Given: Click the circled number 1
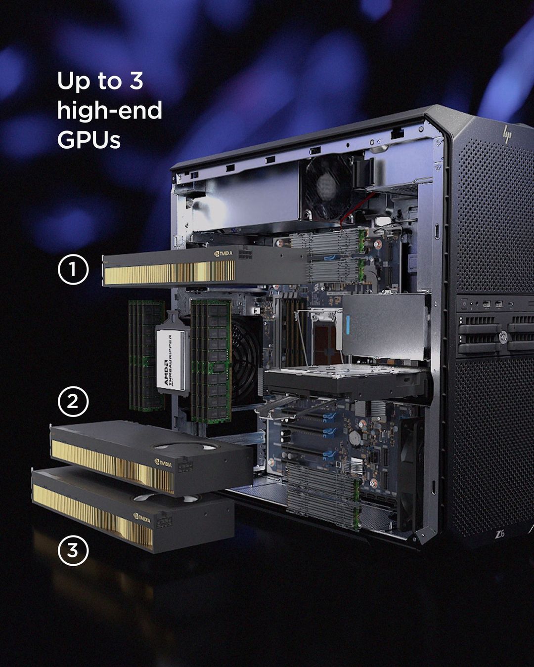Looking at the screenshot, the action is pyautogui.click(x=73, y=269).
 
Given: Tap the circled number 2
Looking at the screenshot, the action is pyautogui.click(x=73, y=401).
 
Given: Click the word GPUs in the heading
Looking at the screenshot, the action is pyautogui.click(x=89, y=140).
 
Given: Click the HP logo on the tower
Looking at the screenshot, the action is pyautogui.click(x=507, y=134).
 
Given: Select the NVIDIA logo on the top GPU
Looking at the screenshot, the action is pyautogui.click(x=223, y=253).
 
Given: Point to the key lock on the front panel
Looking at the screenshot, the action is pyautogui.click(x=503, y=336).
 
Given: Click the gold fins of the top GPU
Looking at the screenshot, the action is pyautogui.click(x=170, y=273).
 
